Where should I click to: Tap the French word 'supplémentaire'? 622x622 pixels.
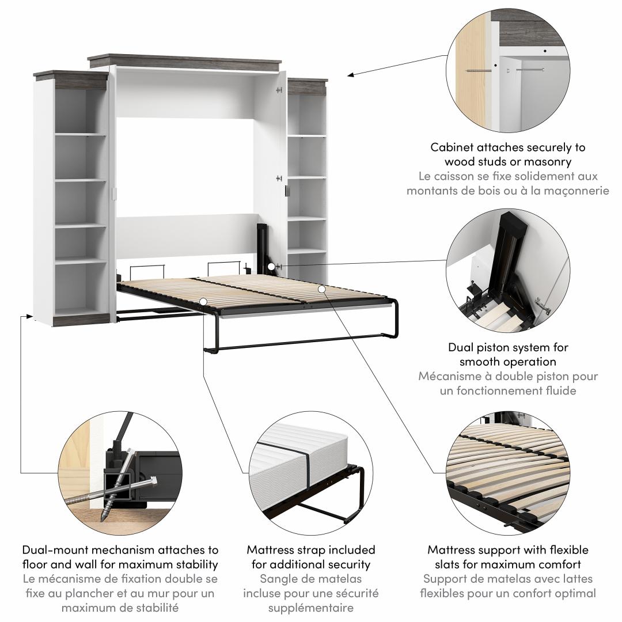coord(310,608)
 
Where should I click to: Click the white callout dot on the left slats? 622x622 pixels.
coord(203,302)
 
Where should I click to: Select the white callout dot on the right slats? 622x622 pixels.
coord(322,289)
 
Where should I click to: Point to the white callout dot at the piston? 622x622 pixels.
coord(271,267)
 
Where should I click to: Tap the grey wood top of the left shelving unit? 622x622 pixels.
coord(71,77)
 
